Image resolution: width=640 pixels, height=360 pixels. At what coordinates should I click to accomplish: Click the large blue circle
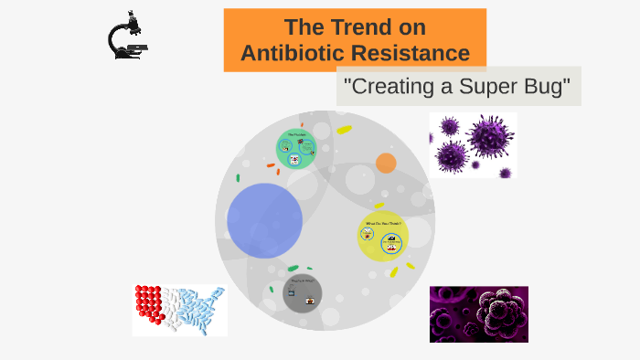click(x=264, y=220)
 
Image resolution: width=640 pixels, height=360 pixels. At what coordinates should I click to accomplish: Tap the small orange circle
click(x=386, y=164)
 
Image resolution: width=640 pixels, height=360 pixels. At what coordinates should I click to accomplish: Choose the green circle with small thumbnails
click(x=296, y=148)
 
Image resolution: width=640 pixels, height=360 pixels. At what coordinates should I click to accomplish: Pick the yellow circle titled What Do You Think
click(x=383, y=237)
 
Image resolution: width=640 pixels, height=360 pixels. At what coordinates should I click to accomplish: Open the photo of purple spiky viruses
click(x=473, y=144)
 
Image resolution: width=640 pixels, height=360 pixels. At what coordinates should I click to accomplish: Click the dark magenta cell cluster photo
click(x=478, y=314)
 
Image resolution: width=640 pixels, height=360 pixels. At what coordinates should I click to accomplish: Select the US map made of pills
click(x=179, y=310)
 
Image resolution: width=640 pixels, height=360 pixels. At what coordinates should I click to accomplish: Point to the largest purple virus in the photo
click(x=490, y=135)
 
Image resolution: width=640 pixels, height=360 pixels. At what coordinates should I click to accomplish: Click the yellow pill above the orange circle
click(x=344, y=130)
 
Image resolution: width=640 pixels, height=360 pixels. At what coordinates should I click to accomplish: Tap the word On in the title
click(x=408, y=27)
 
